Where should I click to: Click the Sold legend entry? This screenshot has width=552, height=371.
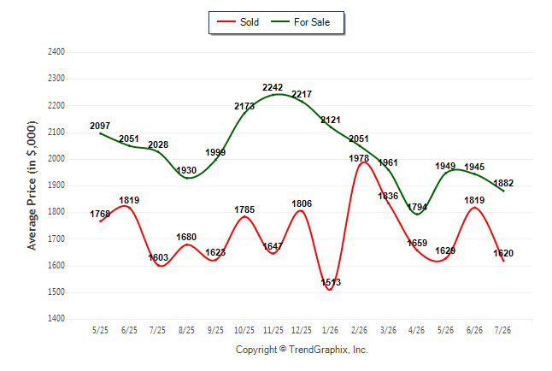tap(238, 22)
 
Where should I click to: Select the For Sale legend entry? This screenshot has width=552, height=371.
tap(300, 22)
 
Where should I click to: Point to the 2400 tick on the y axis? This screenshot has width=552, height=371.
tap(56, 52)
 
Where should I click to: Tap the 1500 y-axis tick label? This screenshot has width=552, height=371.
tap(56, 292)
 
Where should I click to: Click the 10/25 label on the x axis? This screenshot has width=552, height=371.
tap(244, 330)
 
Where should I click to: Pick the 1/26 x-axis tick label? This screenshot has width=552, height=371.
tap(330, 330)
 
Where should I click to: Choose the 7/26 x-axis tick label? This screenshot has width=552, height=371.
tap(502, 330)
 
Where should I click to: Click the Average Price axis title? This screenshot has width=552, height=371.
tap(32, 185)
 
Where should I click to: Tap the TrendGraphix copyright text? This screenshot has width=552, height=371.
tap(302, 350)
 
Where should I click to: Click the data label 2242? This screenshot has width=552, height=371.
tap(273, 87)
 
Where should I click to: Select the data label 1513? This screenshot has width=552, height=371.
tap(331, 282)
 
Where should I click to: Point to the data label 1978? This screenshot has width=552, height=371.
tap(359, 158)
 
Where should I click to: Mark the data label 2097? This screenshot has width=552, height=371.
tap(100, 126)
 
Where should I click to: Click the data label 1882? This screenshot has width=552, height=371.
tap(503, 183)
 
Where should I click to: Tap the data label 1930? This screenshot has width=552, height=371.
tap(186, 170)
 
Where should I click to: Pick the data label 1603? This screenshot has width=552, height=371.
tap(158, 257)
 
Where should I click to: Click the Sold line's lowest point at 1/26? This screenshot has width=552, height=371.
tap(330, 290)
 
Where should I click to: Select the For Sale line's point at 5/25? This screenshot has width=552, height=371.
tap(100, 133)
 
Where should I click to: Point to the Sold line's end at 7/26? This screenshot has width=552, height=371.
tap(503, 261)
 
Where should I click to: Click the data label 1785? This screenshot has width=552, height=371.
tap(244, 209)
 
